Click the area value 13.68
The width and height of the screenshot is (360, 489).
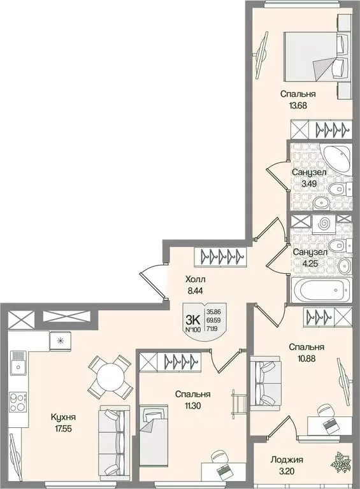tap(298, 106)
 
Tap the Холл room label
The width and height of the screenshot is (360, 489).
tap(195, 279)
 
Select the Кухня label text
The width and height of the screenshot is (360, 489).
tap(63, 417)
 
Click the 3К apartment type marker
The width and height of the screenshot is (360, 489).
tap(193, 320)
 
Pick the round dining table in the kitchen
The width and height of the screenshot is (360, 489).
tap(108, 378)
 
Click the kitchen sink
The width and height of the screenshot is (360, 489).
tap(18, 362)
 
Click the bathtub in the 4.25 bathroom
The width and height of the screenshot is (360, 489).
tap(321, 290)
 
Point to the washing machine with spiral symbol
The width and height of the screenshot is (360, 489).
tap(324, 224)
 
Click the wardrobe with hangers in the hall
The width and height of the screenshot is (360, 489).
tap(220, 257)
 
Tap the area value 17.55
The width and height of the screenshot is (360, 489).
tap(63, 429)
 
